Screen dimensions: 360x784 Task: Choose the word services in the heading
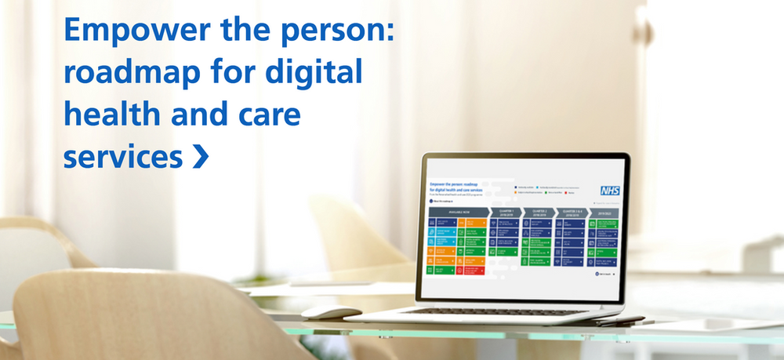122,157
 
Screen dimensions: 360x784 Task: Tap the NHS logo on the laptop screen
609,191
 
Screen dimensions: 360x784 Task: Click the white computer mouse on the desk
330,311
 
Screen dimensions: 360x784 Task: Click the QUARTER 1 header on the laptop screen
504,212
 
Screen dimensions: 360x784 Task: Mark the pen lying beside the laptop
619,321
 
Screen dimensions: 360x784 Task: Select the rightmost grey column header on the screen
604,212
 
